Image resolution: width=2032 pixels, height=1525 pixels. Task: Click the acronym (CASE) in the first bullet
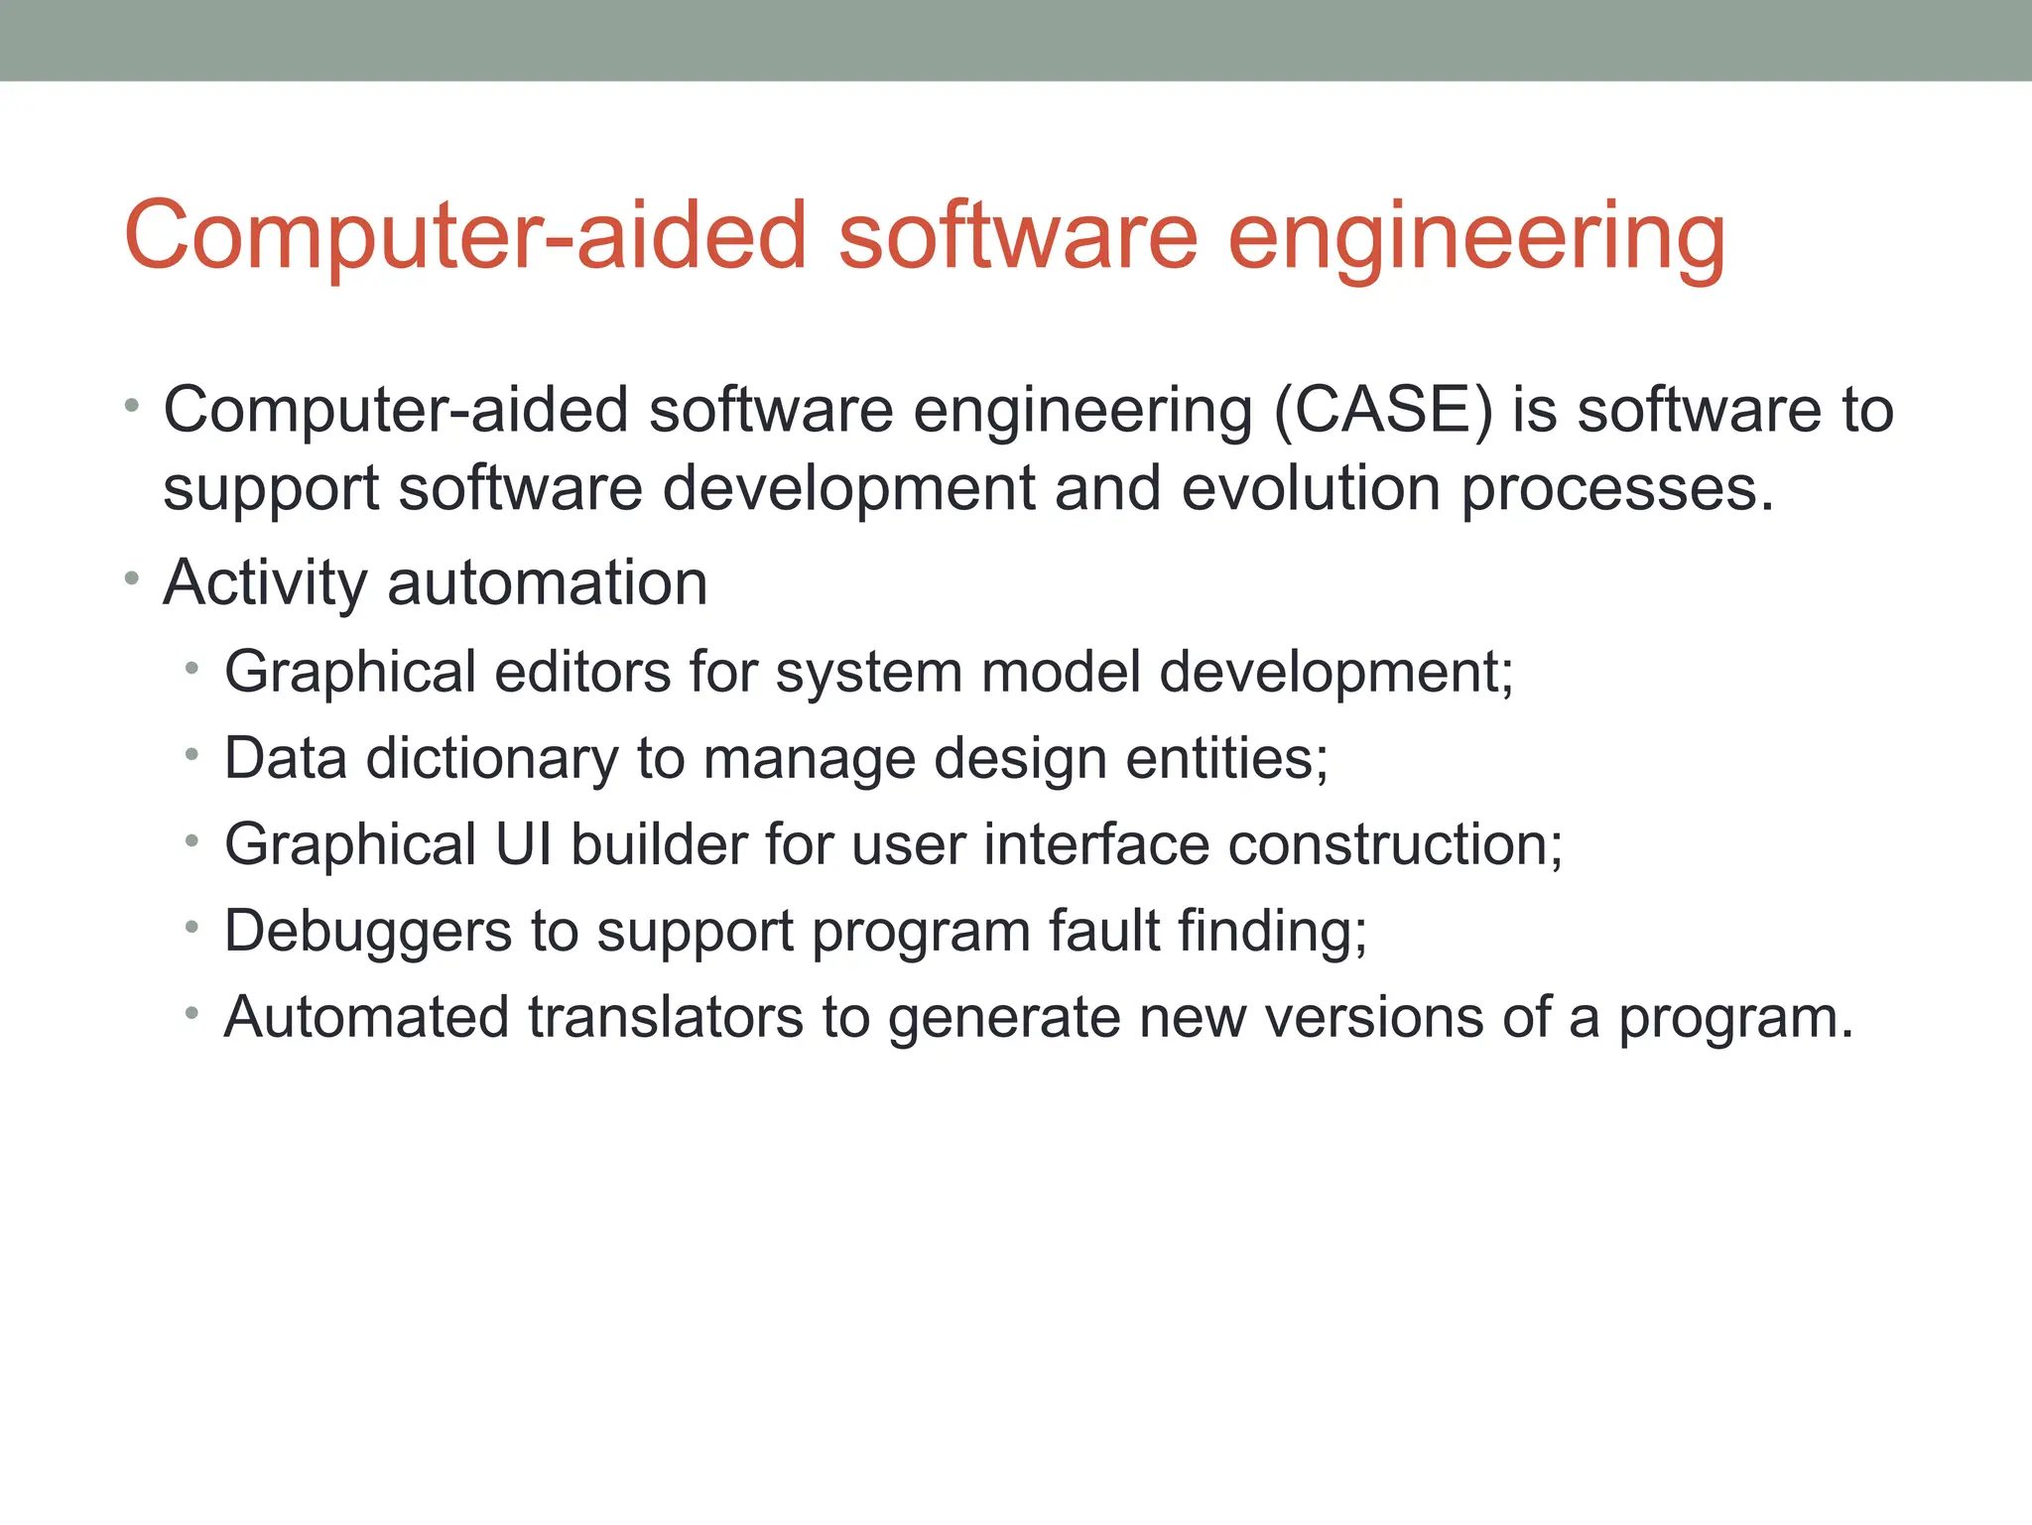[1383, 410]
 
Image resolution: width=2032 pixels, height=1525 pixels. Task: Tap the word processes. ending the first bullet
[1617, 490]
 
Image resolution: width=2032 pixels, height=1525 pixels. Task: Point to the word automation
[547, 582]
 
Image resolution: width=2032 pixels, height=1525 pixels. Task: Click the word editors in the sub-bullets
[582, 672]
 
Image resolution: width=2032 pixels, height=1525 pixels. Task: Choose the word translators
[665, 1017]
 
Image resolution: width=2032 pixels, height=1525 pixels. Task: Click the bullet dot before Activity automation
[132, 577]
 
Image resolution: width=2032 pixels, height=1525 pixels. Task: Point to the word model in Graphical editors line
[1060, 672]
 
